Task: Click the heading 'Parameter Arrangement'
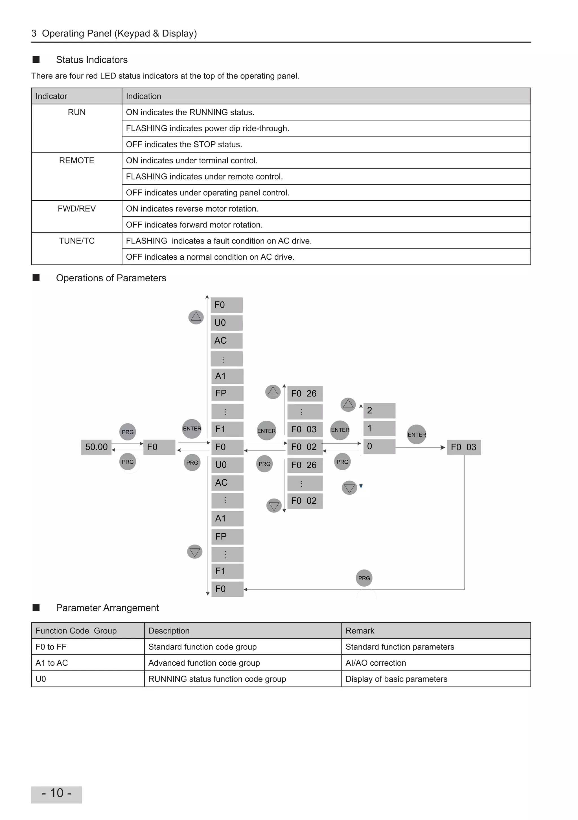click(107, 608)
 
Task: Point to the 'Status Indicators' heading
click(91, 60)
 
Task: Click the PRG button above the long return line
click(364, 578)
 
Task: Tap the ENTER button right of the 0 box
click(417, 434)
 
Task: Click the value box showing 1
click(379, 429)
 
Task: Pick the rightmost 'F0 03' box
click(463, 447)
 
